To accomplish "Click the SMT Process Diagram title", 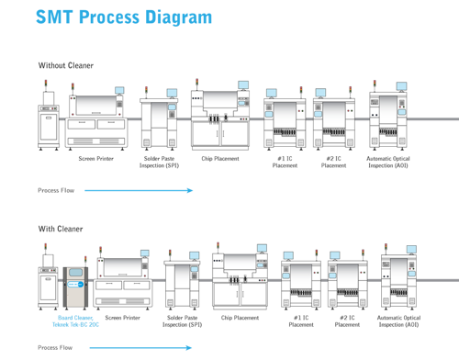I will pos(123,17).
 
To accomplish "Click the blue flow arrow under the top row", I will pos(139,190).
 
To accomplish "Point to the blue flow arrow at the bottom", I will pos(139,347).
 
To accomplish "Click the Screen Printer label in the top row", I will pos(95,158).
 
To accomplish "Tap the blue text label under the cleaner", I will pos(73,322).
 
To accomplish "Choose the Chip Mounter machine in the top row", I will pos(220,119).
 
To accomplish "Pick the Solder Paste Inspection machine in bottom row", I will pos(183,285).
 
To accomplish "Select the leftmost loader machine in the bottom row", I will pos(48,280).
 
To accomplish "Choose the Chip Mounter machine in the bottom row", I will pos(241,280).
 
